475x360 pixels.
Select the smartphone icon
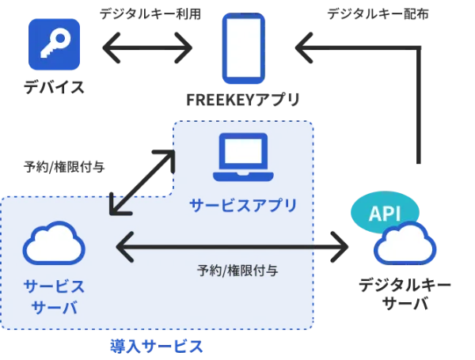pos(244,48)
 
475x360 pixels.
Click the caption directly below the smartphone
pos(244,98)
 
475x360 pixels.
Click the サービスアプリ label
pos(243,206)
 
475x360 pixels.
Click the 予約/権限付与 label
pos(237,270)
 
